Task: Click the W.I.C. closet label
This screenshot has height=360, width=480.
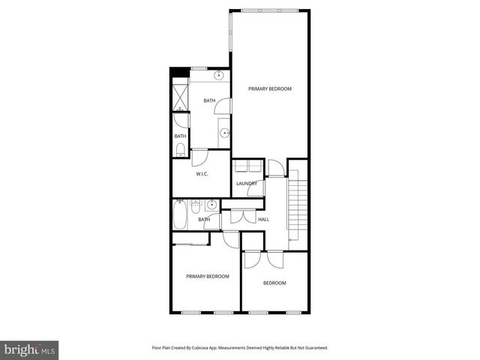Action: coord(202,174)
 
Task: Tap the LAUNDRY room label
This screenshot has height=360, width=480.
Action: coord(247,184)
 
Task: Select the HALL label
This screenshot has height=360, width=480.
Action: coord(263,219)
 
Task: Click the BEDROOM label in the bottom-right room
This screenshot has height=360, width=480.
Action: coord(274,283)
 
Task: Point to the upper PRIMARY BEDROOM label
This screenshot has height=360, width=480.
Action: coord(270,88)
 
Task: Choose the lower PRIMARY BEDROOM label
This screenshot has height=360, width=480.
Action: coord(208,276)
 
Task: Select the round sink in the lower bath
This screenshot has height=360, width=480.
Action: coord(212,203)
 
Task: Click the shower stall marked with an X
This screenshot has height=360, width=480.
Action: coord(181,96)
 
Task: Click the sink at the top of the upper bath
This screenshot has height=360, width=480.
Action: coord(220,76)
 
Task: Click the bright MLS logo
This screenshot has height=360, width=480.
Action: coord(29,349)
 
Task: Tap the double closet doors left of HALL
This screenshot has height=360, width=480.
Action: coord(243,216)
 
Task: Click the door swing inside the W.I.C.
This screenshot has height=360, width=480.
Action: coord(200,158)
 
